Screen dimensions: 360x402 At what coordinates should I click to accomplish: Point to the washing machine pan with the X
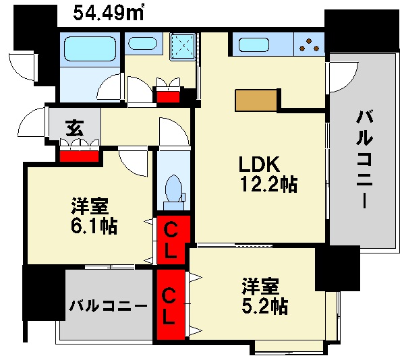(183, 45)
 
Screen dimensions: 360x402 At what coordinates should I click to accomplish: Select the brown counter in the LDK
(256, 100)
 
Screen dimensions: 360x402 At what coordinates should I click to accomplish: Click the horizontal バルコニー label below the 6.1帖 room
(108, 305)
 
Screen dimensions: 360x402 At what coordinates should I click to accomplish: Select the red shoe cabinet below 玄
(80, 155)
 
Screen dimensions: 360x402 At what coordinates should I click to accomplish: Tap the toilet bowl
(173, 188)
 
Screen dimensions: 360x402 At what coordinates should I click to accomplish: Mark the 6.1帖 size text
(94, 226)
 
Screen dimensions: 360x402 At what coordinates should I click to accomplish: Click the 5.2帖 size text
(265, 307)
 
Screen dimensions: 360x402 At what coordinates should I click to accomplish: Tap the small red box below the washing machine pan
(169, 95)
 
